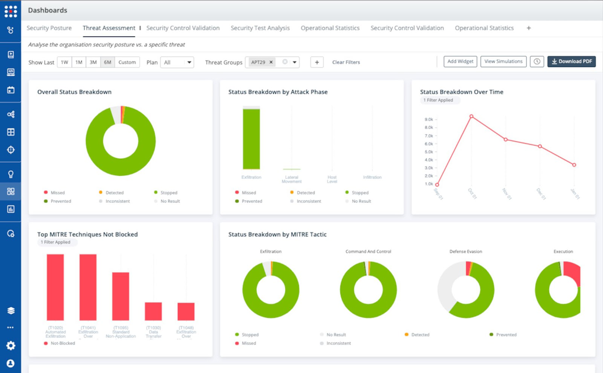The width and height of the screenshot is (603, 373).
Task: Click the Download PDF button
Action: coord(571,62)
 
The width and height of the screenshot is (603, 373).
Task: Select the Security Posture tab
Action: coord(49,28)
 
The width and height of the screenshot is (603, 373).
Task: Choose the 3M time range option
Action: coord(93,62)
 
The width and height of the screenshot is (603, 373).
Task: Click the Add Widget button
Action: coord(460,62)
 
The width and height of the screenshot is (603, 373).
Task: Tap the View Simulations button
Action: coord(504,62)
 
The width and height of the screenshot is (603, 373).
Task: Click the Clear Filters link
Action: coord(346,62)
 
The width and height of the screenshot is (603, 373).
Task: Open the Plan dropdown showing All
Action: coord(177,62)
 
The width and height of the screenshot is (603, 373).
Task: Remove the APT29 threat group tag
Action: coord(271,62)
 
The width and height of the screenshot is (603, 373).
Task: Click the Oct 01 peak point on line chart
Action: coord(471,116)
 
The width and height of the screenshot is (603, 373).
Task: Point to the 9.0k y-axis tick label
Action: coord(429,119)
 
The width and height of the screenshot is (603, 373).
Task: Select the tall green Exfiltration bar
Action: coord(251,139)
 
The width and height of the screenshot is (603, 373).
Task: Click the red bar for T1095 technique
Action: coord(121,296)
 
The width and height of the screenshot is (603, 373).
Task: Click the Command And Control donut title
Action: coord(368,252)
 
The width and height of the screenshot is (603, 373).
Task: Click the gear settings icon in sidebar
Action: coord(11,345)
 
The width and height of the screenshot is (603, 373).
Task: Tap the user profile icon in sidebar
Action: coord(11,363)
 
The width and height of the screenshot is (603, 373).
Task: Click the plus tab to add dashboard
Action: coord(529,28)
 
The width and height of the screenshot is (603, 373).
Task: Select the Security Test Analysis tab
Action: coord(260,28)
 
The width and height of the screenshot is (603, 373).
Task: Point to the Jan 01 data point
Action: coord(574,165)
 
